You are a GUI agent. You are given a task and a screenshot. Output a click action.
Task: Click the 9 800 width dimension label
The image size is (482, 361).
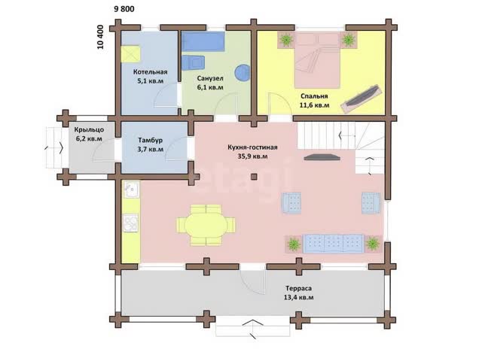tap(124, 9)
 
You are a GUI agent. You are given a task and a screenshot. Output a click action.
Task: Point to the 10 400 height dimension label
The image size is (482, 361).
tap(100, 37)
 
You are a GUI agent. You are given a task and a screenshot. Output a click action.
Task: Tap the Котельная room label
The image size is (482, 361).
tap(151, 72)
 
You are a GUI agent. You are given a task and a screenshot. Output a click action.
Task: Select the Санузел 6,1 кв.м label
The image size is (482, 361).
tap(210, 83)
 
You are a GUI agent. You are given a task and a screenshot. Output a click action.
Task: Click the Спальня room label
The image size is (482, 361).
tap(314, 96)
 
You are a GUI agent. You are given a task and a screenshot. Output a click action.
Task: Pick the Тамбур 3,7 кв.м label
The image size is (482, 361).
tap(151, 145)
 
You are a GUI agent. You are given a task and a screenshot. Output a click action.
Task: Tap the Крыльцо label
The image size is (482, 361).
tap(89, 130)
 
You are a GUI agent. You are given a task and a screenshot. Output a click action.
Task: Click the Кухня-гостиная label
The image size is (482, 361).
tap(253, 147)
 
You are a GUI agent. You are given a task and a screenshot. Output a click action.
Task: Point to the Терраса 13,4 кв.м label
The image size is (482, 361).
tap(298, 293)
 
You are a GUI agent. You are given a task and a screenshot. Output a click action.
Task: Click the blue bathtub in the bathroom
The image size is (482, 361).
tap(203, 41)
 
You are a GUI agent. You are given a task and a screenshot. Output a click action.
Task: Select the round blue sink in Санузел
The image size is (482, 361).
tap(243, 73)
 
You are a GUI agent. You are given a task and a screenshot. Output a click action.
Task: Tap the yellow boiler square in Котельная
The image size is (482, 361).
tap(130, 54)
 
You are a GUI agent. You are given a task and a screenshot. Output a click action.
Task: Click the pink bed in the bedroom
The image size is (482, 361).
tap(317, 60)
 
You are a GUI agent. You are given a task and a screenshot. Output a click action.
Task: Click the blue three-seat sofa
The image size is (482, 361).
tap(334, 244)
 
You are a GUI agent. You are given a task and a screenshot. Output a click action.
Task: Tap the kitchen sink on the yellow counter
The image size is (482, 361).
tap(131, 189)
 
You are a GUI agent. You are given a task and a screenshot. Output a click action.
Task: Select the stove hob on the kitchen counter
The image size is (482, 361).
tap(130, 223)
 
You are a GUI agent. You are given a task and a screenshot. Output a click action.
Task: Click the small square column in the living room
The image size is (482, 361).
tap(254, 177)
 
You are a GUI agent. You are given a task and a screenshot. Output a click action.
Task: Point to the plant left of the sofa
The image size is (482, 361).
tap(294, 244)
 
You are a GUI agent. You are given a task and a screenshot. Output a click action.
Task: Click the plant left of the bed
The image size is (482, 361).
tap(286, 40)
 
